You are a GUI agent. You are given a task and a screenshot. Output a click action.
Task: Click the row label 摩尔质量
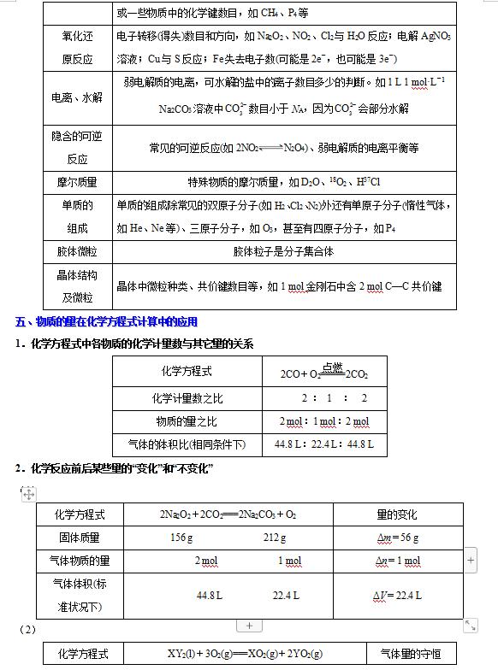(79, 182)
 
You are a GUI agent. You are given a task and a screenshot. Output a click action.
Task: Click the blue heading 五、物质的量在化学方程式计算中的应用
(107, 321)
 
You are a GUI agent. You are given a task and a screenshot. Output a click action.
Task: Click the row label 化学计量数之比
(187, 397)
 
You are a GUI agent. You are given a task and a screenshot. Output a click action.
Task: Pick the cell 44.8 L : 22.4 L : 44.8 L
(323, 444)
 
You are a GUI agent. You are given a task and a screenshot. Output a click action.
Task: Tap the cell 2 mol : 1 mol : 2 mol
(323, 421)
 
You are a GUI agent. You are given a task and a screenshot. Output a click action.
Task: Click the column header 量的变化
(397, 514)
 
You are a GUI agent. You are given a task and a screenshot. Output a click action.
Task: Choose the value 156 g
(181, 538)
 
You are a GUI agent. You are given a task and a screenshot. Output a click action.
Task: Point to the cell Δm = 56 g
(397, 538)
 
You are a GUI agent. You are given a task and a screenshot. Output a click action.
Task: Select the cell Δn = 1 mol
(397, 561)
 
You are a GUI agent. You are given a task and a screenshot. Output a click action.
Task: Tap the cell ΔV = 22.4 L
(397, 595)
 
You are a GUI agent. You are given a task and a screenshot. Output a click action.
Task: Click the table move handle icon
(28, 493)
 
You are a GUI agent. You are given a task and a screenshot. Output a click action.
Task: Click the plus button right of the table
(471, 560)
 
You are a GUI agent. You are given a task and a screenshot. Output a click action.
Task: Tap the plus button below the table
(248, 626)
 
